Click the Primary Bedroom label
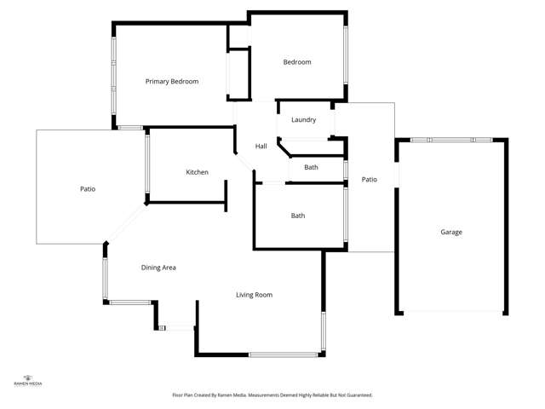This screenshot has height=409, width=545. (171, 82)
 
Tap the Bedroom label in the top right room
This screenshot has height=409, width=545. (297, 62)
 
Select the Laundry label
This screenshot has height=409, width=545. (303, 120)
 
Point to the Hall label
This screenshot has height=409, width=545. (261, 147)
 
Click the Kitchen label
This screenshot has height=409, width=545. (197, 172)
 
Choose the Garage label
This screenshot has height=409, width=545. (451, 232)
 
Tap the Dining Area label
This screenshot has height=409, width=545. (158, 268)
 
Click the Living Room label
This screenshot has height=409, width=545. (254, 295)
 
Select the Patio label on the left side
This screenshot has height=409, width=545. (87, 188)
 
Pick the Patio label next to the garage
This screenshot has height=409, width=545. (369, 180)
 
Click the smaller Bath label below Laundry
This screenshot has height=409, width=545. (311, 167)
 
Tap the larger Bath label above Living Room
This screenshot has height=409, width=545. (298, 216)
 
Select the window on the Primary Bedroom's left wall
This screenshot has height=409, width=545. (113, 77)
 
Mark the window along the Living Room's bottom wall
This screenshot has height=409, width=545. (284, 354)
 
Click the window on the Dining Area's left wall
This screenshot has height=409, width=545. (106, 279)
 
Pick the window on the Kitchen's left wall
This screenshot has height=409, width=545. (147, 165)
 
